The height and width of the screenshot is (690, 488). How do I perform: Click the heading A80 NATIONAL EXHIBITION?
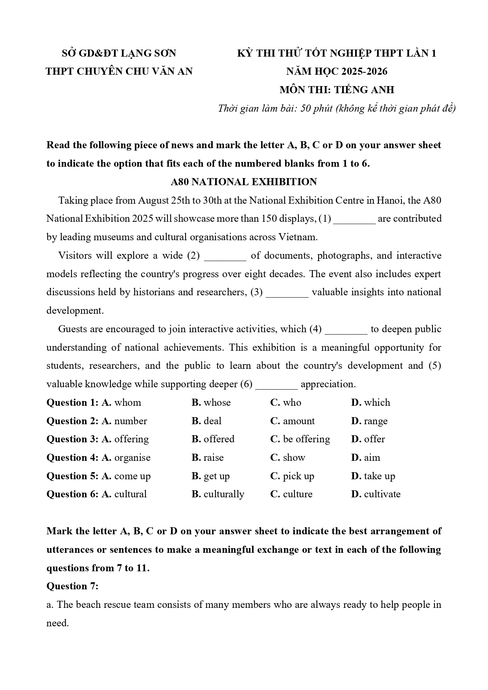[244, 182]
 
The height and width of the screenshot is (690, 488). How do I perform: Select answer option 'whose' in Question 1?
[217, 403]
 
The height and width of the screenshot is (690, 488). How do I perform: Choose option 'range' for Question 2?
[375, 421]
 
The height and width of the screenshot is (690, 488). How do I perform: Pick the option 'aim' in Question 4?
[372, 458]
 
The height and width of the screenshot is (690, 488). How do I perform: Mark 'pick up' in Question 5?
[298, 476]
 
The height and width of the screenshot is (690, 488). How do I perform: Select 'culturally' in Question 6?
[223, 494]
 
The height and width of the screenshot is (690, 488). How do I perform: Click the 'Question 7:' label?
[72, 586]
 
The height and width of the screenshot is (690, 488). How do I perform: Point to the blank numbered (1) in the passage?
[354, 219]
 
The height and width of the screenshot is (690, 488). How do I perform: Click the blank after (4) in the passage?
[346, 329]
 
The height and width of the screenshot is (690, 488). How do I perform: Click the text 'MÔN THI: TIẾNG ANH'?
[337, 90]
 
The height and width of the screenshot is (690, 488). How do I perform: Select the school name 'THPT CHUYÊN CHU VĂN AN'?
[119, 72]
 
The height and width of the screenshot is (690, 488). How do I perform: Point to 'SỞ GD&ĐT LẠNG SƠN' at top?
[119, 53]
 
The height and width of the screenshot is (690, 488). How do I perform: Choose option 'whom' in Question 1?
[127, 403]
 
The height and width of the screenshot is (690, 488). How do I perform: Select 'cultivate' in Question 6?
[382, 494]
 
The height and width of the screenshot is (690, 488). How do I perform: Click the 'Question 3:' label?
[72, 439]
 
